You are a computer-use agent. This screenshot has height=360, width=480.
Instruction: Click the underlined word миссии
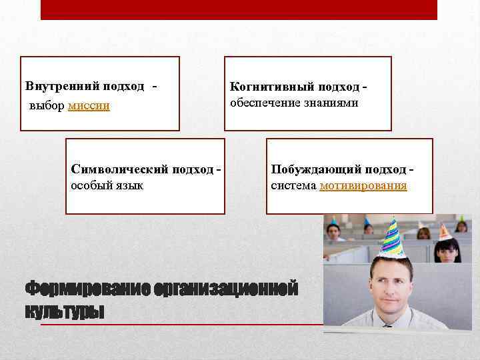[89, 106]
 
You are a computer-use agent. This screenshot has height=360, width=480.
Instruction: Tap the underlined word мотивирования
[363, 185]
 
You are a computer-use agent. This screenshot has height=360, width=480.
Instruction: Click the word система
[294, 185]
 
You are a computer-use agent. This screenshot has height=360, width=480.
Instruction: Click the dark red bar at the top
[239, 9]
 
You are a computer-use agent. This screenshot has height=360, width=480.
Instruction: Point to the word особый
[91, 185]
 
